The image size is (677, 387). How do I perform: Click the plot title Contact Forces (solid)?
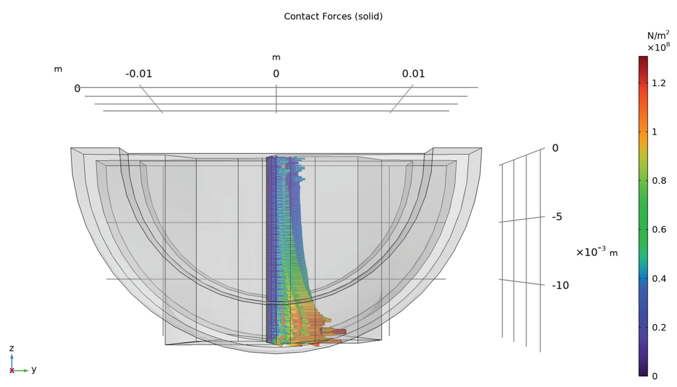(333, 16)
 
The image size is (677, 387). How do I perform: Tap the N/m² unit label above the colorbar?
(658, 35)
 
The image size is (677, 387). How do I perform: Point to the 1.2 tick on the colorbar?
(659, 83)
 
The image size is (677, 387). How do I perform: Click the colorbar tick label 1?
(654, 132)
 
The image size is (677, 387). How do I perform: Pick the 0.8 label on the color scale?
(659, 181)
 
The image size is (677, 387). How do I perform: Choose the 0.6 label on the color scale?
(659, 229)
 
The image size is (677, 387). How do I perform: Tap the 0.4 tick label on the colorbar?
(659, 278)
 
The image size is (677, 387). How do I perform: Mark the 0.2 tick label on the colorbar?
(659, 328)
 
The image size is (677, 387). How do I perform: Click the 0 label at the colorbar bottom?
(655, 376)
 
